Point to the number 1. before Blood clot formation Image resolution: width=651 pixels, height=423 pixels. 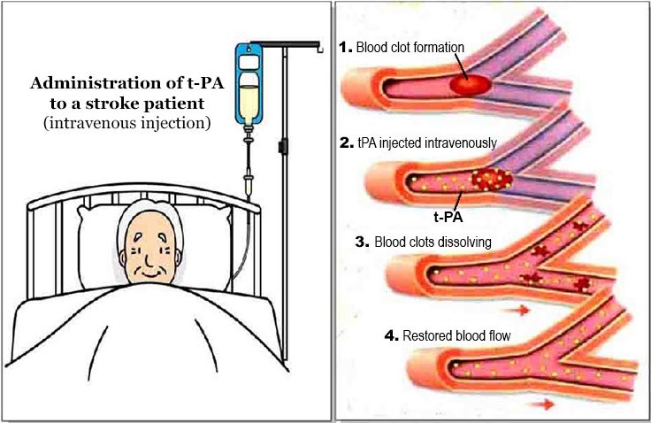coord(348,46)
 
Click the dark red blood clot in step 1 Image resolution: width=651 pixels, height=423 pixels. coord(471,84)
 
